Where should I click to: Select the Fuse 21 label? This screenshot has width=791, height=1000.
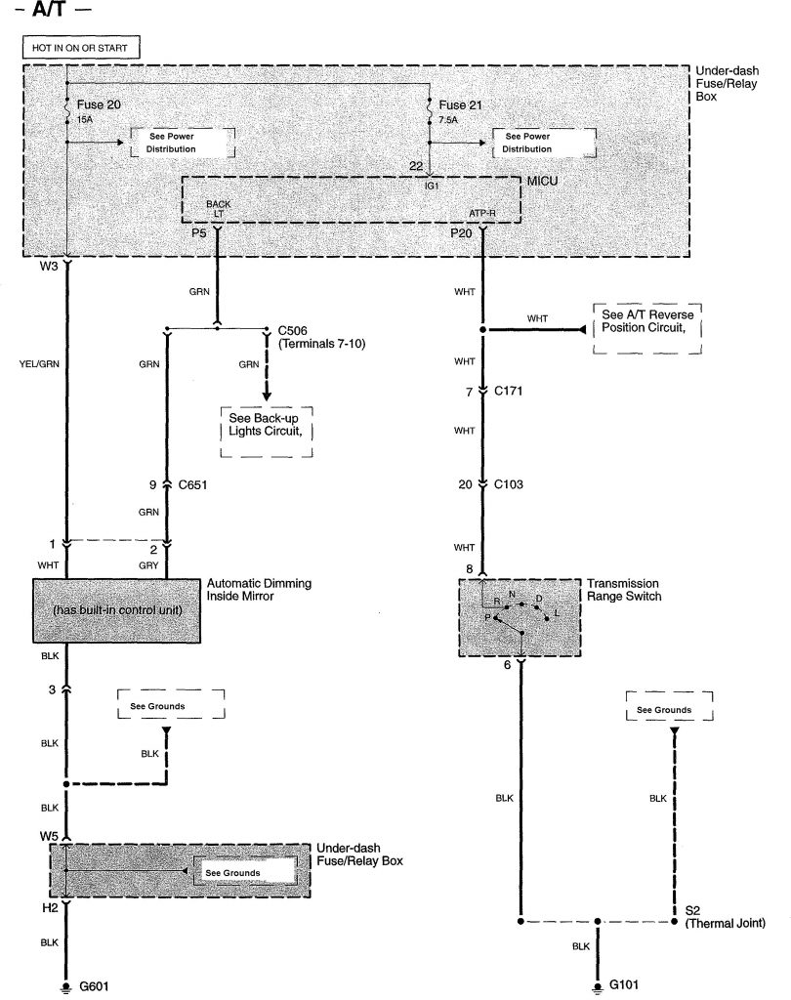[x=461, y=104]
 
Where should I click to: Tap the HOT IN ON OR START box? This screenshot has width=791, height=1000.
[x=81, y=47]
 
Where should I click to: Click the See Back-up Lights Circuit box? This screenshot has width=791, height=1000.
[x=265, y=431]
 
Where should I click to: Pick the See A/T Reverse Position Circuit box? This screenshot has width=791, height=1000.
[x=647, y=328]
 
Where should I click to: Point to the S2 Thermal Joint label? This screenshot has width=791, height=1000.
[x=722, y=916]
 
